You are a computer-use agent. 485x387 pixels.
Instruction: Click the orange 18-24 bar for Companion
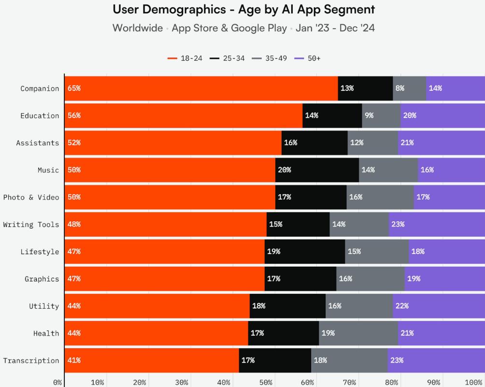(x=201, y=88)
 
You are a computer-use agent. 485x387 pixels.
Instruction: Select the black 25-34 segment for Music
(x=317, y=170)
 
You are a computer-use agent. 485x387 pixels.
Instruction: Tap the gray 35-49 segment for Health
(x=358, y=333)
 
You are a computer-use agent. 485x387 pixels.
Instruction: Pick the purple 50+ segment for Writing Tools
(x=437, y=225)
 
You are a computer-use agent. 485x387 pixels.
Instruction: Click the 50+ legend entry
(x=308, y=58)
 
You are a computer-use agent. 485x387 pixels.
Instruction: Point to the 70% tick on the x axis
(x=350, y=383)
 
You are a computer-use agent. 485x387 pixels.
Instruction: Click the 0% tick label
(x=57, y=383)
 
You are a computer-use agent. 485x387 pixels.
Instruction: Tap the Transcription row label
(x=31, y=361)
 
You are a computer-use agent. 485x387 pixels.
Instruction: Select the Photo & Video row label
(x=31, y=198)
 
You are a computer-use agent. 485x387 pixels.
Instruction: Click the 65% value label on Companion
(x=74, y=88)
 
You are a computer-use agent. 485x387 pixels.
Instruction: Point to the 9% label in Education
(x=369, y=116)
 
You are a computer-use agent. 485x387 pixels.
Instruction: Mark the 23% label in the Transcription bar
(x=397, y=361)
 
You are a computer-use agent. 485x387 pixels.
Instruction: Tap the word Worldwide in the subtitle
(x=138, y=28)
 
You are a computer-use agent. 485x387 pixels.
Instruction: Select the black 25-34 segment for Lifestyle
(x=305, y=252)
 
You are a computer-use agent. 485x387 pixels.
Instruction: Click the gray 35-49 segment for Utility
(x=359, y=306)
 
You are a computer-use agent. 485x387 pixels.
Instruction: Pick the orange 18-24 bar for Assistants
(x=173, y=143)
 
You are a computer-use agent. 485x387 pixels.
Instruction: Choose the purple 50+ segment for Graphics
(x=444, y=279)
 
